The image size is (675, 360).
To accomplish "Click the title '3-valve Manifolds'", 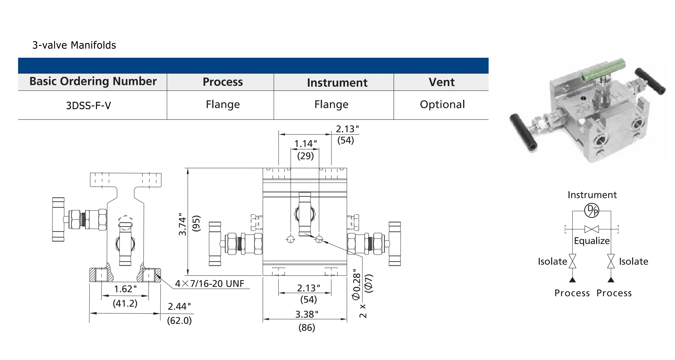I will [74, 45].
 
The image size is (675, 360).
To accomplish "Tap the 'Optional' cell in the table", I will [442, 104].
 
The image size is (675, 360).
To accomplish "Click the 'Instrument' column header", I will [337, 83].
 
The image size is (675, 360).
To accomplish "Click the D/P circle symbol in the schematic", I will [592, 211].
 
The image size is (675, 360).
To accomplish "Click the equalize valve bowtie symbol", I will [592, 229].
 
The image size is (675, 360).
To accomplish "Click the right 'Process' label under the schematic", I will [614, 293].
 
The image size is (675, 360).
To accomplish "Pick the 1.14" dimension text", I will [305, 144].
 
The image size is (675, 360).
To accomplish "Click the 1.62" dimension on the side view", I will [125, 289].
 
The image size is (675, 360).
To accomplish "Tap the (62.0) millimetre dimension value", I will [180, 320].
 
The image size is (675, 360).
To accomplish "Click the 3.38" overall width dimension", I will [307, 314].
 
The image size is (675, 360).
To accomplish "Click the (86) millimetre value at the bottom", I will [307, 327].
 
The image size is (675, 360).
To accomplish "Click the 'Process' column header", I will [223, 82].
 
